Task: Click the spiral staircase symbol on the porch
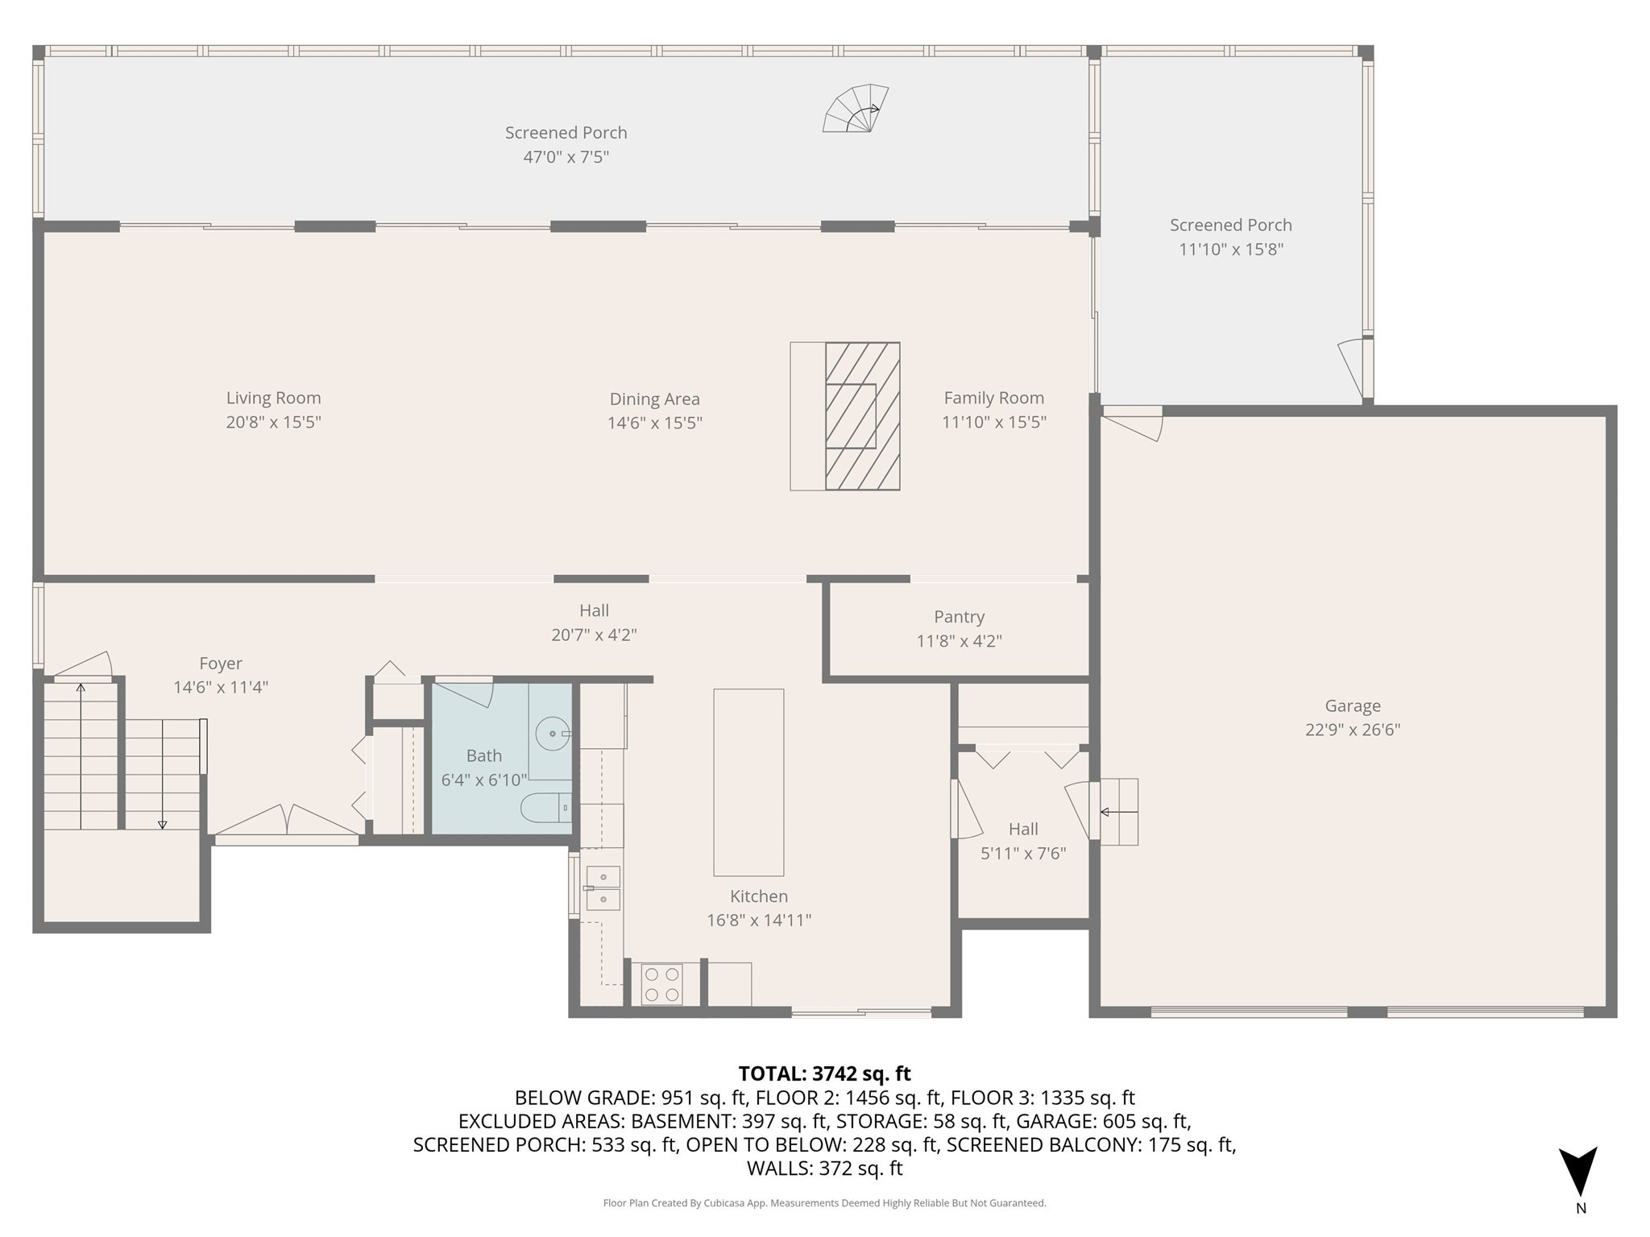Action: pos(857,110)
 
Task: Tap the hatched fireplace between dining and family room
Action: pos(862,416)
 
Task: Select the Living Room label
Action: pos(273,398)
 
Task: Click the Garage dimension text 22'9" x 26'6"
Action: pos(1353,730)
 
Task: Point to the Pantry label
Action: pos(959,617)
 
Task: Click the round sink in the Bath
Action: pos(550,733)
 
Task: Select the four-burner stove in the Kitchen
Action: pos(661,984)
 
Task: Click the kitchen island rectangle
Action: pos(748,782)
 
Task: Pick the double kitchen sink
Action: pos(603,887)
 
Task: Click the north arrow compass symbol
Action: pos(1578,1172)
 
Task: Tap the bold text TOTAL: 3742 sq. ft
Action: pos(824,1074)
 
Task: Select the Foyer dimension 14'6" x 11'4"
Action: pos(221,687)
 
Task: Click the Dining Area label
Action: pos(654,399)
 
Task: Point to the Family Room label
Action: pos(993,398)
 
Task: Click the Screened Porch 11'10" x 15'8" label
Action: pos(1230,237)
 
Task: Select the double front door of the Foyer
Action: pos(287,823)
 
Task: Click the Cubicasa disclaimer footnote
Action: pos(824,1203)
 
